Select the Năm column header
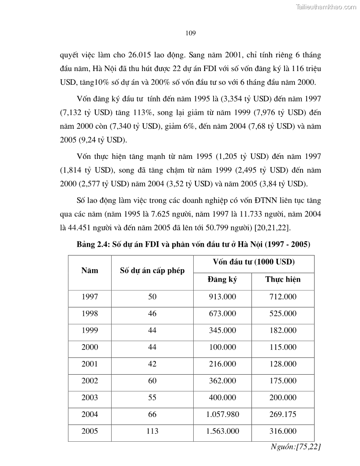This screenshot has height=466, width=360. pyautogui.click(x=90, y=271)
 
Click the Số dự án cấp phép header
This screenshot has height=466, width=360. pyautogui.click(x=152, y=271)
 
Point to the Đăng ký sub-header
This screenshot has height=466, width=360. pyautogui.click(x=222, y=280)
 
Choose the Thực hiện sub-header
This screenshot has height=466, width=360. pyautogui.click(x=283, y=280)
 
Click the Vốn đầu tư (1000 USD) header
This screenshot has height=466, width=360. pyautogui.click(x=254, y=262)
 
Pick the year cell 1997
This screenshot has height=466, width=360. pyautogui.click(x=90, y=297)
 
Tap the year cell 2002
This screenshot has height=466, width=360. pyautogui.click(x=90, y=380)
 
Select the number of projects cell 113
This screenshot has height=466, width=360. pyautogui.click(x=152, y=431)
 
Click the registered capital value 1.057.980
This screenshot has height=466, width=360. pyautogui.click(x=222, y=414)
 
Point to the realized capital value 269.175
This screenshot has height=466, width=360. pyautogui.click(x=283, y=414)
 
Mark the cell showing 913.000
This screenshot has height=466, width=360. pyautogui.click(x=222, y=297)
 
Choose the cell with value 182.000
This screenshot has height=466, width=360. pyautogui.click(x=283, y=330)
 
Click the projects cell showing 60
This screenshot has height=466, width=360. pyautogui.click(x=152, y=380)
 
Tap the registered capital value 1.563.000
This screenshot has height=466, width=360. pyautogui.click(x=222, y=431)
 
